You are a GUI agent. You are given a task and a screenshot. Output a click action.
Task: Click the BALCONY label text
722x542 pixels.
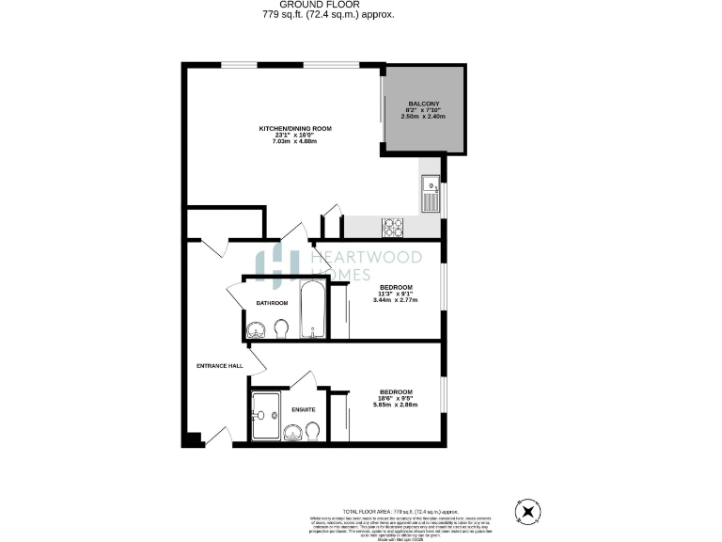(x=423, y=104)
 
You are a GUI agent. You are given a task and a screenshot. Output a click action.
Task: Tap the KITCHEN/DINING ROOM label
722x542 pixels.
(x=295, y=128)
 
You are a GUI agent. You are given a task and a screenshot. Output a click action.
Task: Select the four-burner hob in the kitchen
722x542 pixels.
(x=392, y=227)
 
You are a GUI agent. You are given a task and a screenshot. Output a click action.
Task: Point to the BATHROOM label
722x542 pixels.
(x=272, y=303)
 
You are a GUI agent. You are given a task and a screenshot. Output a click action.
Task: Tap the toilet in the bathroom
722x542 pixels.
(x=280, y=328)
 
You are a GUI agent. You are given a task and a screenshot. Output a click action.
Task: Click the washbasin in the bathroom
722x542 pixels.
(x=256, y=329)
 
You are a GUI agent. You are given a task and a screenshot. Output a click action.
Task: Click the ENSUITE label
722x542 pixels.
(x=303, y=409)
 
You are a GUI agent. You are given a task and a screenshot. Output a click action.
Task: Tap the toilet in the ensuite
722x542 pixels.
(x=314, y=430)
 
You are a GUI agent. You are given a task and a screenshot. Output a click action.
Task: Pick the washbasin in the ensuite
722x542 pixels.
(x=292, y=431)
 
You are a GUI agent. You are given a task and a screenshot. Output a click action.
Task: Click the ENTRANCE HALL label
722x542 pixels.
(x=219, y=365)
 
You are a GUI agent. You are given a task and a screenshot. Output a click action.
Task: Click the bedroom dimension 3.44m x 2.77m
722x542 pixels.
(x=396, y=299)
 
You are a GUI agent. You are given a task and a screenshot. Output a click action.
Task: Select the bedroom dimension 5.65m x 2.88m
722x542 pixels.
(x=396, y=405)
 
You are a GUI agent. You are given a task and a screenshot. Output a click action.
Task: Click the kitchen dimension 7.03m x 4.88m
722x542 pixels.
(x=295, y=141)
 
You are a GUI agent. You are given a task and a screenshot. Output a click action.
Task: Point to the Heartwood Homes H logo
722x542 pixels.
(x=278, y=265)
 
